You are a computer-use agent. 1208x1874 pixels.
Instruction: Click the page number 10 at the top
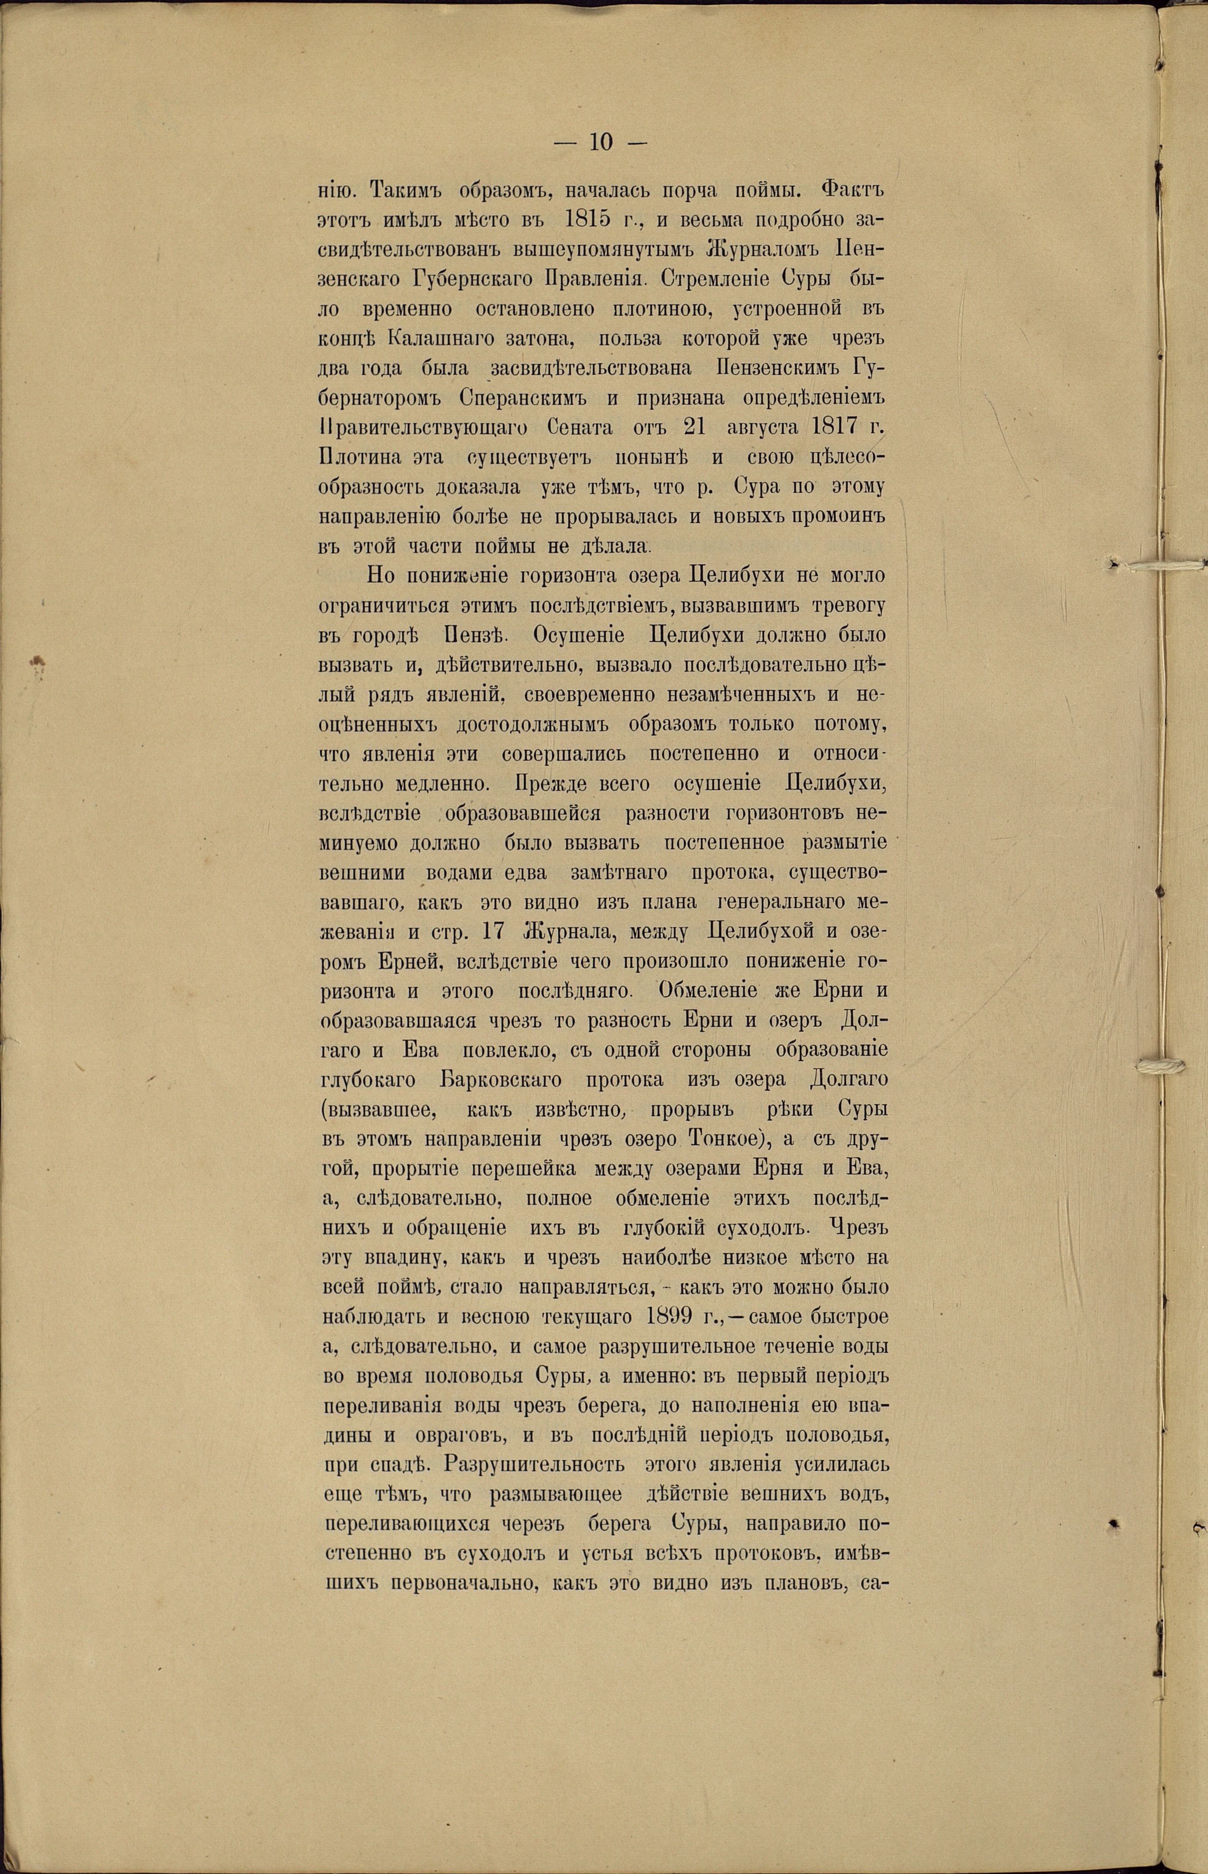[x=598, y=142]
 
